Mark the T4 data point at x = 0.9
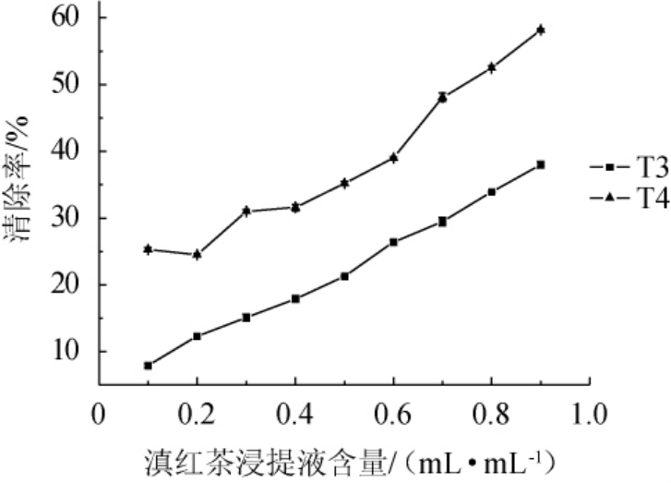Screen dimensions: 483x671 tap(540, 30)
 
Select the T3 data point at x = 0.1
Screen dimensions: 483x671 tap(148, 365)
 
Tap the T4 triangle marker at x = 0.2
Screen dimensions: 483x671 tap(197, 254)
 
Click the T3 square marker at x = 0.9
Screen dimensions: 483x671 tap(540, 164)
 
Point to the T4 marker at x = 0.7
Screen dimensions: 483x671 tap(442, 96)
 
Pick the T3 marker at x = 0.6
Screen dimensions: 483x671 tap(393, 242)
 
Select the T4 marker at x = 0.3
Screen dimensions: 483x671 tap(246, 211)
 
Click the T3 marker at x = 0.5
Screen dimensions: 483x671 tap(344, 276)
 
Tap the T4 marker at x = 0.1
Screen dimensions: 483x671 tap(148, 249)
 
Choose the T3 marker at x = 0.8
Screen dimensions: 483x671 tap(491, 192)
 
